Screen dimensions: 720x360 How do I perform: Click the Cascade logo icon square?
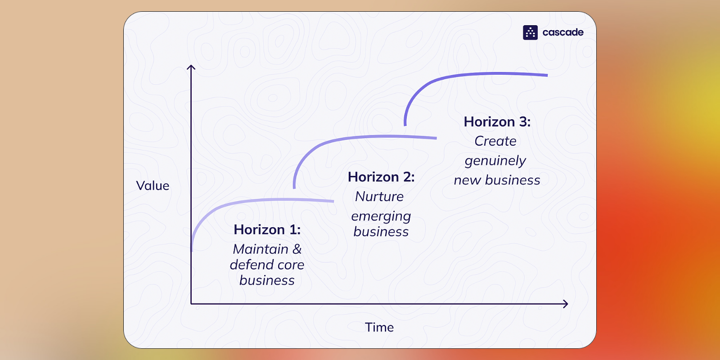pyautogui.click(x=530, y=32)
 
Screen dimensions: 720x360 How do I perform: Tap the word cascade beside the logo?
pyautogui.click(x=563, y=32)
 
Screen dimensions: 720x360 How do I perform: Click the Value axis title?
pyautogui.click(x=153, y=185)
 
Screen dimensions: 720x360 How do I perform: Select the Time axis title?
pyautogui.click(x=379, y=327)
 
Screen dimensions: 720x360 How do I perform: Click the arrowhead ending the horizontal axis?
pyautogui.click(x=566, y=304)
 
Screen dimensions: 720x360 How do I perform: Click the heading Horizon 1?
pyautogui.click(x=267, y=229)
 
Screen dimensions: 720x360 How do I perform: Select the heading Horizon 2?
pyautogui.click(x=381, y=177)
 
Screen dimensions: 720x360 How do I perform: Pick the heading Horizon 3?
pyautogui.click(x=497, y=122)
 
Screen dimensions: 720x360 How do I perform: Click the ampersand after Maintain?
pyautogui.click(x=297, y=249)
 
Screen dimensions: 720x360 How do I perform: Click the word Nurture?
pyautogui.click(x=379, y=196)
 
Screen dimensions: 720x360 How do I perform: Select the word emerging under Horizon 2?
pyautogui.click(x=381, y=216)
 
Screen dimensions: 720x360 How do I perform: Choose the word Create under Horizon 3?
pyautogui.click(x=495, y=141)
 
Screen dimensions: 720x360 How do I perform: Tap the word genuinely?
pyautogui.click(x=495, y=161)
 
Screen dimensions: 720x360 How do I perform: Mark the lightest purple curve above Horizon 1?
pyautogui.click(x=244, y=202)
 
